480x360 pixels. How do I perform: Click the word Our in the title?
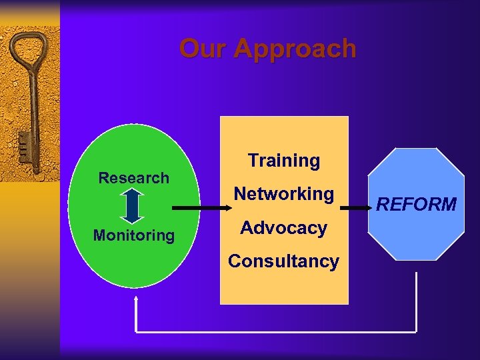(203, 49)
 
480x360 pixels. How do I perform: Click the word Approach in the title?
(295, 49)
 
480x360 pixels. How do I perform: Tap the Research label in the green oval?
(133, 178)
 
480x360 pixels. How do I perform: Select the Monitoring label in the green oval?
(133, 235)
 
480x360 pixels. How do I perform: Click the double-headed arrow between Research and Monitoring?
(133, 206)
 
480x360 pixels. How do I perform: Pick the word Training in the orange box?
(284, 161)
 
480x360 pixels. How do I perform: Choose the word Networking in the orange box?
(283, 194)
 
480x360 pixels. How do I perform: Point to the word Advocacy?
(283, 228)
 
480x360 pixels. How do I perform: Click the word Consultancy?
(283, 261)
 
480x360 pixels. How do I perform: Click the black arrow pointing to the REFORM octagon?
(357, 208)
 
